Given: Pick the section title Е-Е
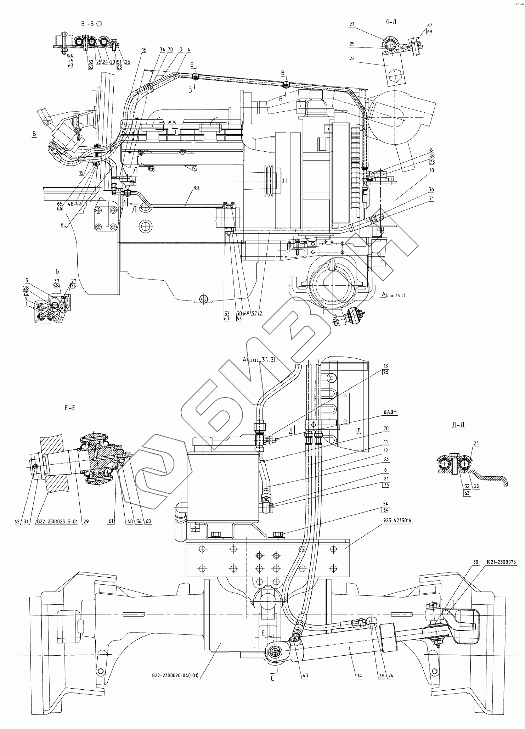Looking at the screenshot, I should click(x=69, y=408).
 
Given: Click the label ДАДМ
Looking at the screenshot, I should click(x=390, y=412).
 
